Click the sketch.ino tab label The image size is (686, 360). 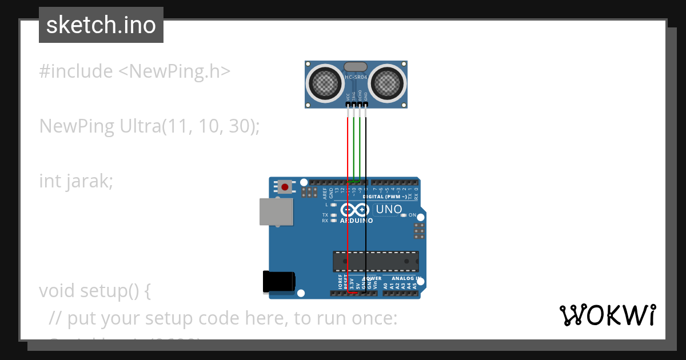click(101, 25)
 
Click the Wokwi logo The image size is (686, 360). click(607, 315)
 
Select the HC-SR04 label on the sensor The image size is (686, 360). click(356, 78)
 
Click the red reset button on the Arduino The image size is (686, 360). click(285, 186)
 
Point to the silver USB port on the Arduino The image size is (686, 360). click(276, 211)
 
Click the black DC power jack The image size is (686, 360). click(278, 282)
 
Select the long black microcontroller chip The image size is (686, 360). click(376, 261)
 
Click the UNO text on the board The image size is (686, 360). click(389, 209)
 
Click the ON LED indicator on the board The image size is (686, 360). click(404, 215)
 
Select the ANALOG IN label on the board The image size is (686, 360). click(406, 279)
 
